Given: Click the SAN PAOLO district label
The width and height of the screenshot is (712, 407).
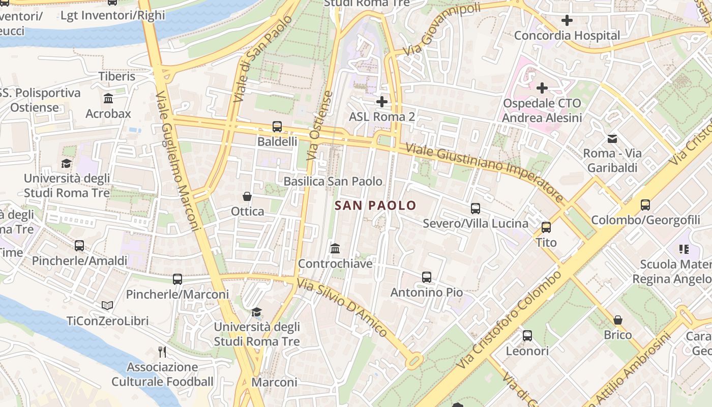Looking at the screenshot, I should [x=375, y=206].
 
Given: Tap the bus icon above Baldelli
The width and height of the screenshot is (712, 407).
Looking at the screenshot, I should [x=277, y=126].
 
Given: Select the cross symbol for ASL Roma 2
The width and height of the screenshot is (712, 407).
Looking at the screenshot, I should [x=382, y=102].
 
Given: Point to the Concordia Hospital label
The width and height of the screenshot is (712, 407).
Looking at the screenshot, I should [x=567, y=36].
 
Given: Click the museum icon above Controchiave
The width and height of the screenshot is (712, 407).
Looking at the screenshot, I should [x=335, y=248].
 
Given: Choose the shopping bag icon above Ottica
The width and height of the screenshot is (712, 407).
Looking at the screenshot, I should [x=247, y=196].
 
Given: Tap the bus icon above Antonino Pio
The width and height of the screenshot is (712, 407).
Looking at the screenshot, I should [x=427, y=277].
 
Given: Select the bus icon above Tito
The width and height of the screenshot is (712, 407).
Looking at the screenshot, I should [x=546, y=227].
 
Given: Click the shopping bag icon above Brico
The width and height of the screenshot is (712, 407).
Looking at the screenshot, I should [x=618, y=319].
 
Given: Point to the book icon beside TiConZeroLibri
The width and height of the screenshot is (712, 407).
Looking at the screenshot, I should [x=107, y=305].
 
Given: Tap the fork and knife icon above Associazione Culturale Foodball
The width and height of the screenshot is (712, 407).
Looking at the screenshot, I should [x=162, y=352].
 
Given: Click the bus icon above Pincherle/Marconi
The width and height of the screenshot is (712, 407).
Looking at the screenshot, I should [x=177, y=279].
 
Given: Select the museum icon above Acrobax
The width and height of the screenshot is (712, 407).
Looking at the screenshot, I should [x=108, y=98].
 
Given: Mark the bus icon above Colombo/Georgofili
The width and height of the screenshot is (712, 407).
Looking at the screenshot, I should [x=645, y=205].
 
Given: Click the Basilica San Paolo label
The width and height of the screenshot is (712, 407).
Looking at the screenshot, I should [x=333, y=182].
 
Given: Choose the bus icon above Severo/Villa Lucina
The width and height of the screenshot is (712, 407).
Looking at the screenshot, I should [x=476, y=208].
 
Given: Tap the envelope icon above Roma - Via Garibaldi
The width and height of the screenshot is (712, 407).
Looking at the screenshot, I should [x=612, y=138].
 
